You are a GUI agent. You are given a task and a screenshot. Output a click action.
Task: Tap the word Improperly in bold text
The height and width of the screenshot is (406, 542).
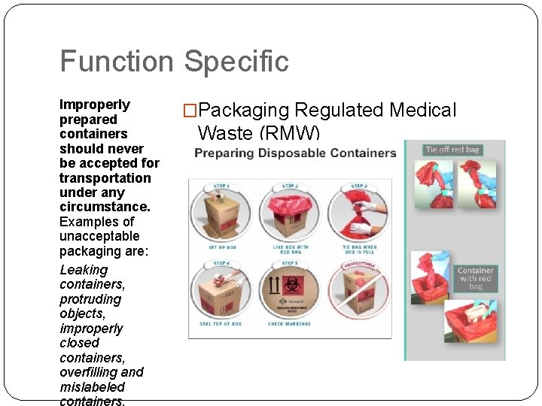(x=95, y=105)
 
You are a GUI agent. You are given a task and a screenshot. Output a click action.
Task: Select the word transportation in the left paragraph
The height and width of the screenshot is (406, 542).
(x=105, y=178)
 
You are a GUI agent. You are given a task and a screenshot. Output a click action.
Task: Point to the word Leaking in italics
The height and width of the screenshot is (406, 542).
(x=84, y=270)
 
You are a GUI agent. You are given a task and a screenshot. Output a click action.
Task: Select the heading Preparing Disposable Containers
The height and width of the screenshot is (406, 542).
(x=295, y=153)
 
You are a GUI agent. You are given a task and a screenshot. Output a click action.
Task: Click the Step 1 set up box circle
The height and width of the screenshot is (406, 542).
(x=221, y=214)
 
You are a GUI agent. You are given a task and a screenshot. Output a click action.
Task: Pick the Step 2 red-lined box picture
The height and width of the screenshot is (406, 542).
(x=289, y=214)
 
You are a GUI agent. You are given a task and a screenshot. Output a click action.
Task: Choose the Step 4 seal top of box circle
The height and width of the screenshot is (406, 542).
(x=221, y=292)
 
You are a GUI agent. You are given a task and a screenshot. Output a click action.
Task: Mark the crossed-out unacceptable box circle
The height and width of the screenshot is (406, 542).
(x=358, y=292)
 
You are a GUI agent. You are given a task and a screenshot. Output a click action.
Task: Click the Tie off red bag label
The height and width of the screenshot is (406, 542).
(x=452, y=150)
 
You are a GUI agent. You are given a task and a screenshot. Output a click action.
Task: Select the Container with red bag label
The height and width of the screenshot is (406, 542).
(x=476, y=278)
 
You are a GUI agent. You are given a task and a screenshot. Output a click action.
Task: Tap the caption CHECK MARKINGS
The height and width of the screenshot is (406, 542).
(x=289, y=324)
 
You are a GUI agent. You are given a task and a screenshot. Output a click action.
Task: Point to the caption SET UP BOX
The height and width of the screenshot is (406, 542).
(x=221, y=247)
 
